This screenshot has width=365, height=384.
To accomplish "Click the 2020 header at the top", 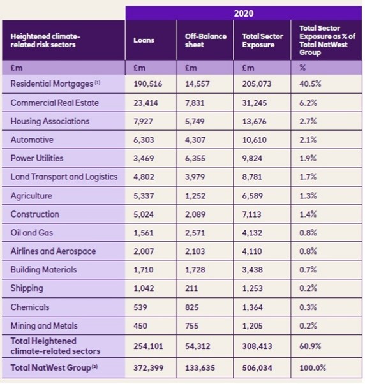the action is pos(244,13).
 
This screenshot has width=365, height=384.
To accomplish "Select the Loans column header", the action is pos(144,40).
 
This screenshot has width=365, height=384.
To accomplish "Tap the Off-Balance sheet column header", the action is pos(205,40).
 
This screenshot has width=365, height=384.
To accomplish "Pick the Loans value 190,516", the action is pos(147,84).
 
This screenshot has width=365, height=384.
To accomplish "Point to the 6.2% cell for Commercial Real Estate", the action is pos(308,103).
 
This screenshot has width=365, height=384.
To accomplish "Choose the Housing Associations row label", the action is pos(50,121).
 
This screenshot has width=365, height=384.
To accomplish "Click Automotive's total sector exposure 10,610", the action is pos(254,140).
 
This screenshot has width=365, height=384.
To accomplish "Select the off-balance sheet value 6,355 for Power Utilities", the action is pos(195,158).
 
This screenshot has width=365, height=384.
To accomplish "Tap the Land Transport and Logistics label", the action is pos(64,177).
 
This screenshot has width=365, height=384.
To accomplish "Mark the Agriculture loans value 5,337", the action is pos(144,196).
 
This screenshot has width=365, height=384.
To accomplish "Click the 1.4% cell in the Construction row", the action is pos(308,214).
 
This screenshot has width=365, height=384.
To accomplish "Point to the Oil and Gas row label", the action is pos(32,232).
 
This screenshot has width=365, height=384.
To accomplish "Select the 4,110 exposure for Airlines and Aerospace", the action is pos(252,251).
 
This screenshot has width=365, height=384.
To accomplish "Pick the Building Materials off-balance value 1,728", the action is pos(195,270).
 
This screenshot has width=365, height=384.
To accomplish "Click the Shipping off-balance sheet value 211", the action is pos(191,288).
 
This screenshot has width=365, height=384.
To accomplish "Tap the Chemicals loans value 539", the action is pos(140,307).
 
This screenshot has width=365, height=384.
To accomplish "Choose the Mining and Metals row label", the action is pos(44,325).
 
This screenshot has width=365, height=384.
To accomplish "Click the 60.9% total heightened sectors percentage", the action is pos(310,346).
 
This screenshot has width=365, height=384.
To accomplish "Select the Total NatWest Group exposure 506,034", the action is pos(257,367).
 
